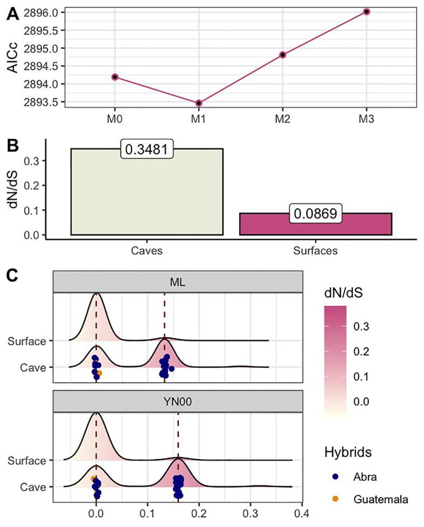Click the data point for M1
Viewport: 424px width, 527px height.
click(199, 103)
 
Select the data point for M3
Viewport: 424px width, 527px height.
click(366, 11)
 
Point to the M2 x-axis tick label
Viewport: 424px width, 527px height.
click(283, 118)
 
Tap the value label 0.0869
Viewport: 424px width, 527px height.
click(315, 214)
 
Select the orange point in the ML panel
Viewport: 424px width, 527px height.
click(99, 373)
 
